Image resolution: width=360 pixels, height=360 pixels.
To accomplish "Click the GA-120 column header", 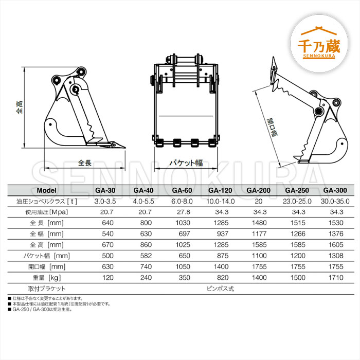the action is pyautogui.click(x=220, y=190).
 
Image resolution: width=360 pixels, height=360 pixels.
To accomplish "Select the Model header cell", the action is pyautogui.click(x=46, y=190).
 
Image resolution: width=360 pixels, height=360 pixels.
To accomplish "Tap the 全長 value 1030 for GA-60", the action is pyautogui.click(x=183, y=223).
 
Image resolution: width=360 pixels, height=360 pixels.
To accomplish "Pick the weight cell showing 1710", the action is pyautogui.click(x=336, y=278).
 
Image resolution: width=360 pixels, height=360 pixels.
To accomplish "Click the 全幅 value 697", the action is pyautogui.click(x=184, y=233).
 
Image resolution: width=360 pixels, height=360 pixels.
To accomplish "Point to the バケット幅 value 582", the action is pyautogui.click(x=146, y=256).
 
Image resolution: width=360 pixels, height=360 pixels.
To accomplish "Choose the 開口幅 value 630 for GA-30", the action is pyautogui.click(x=107, y=266).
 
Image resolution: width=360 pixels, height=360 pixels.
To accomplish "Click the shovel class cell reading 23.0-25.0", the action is pyautogui.click(x=297, y=202).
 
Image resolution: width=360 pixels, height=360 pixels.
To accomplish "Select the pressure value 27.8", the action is pyautogui.click(x=184, y=212).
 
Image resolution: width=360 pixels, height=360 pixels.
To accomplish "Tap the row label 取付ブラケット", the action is pyautogui.click(x=47, y=289).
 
